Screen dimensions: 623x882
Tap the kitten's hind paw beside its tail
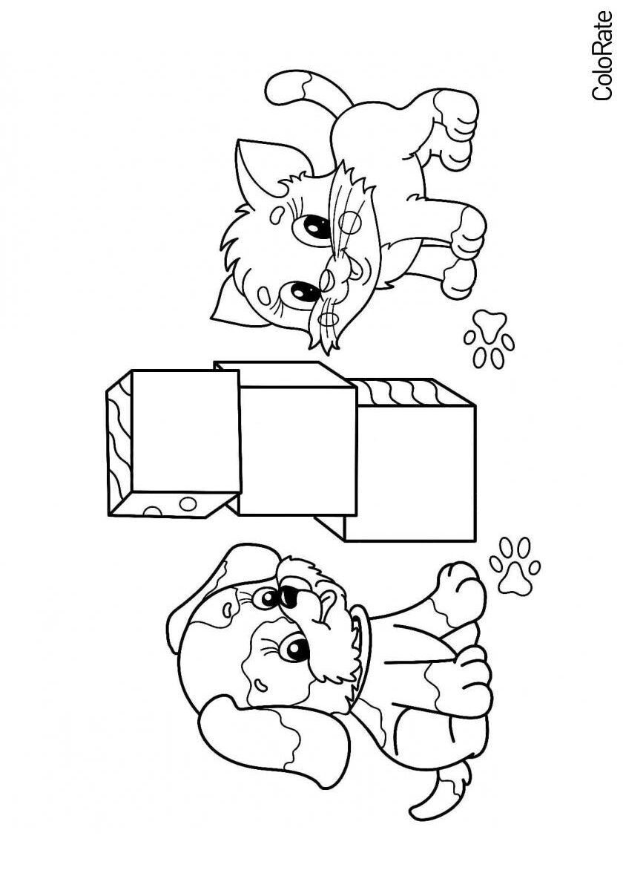click(455, 115)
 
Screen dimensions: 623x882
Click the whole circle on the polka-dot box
click(186, 503)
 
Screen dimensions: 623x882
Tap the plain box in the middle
click(297, 450)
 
